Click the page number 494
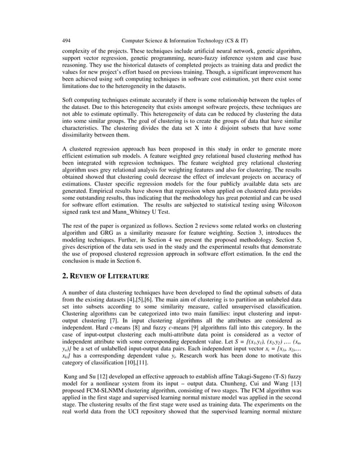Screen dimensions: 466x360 click(66, 41)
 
